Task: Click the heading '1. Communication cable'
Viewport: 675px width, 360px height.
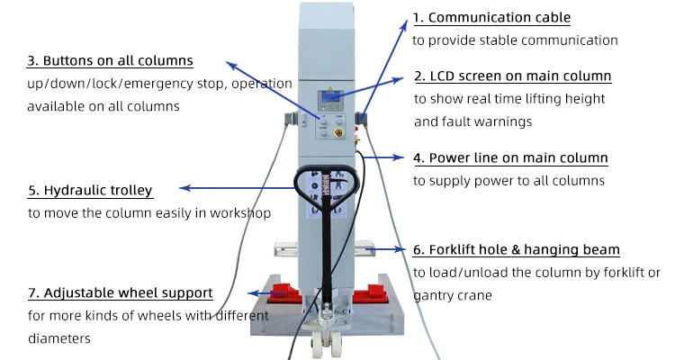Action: (491, 18)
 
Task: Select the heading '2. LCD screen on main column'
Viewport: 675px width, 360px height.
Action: (512, 76)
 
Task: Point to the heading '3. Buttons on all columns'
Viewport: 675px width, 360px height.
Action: (110, 61)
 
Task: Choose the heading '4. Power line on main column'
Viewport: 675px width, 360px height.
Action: (510, 158)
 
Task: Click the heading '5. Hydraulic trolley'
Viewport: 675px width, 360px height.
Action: (90, 191)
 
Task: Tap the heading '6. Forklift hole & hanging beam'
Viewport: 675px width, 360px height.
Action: (517, 250)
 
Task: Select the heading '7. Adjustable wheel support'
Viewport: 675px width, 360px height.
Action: (120, 293)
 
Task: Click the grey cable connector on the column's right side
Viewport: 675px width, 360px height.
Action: (362, 120)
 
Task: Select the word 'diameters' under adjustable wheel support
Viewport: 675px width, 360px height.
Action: (59, 339)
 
